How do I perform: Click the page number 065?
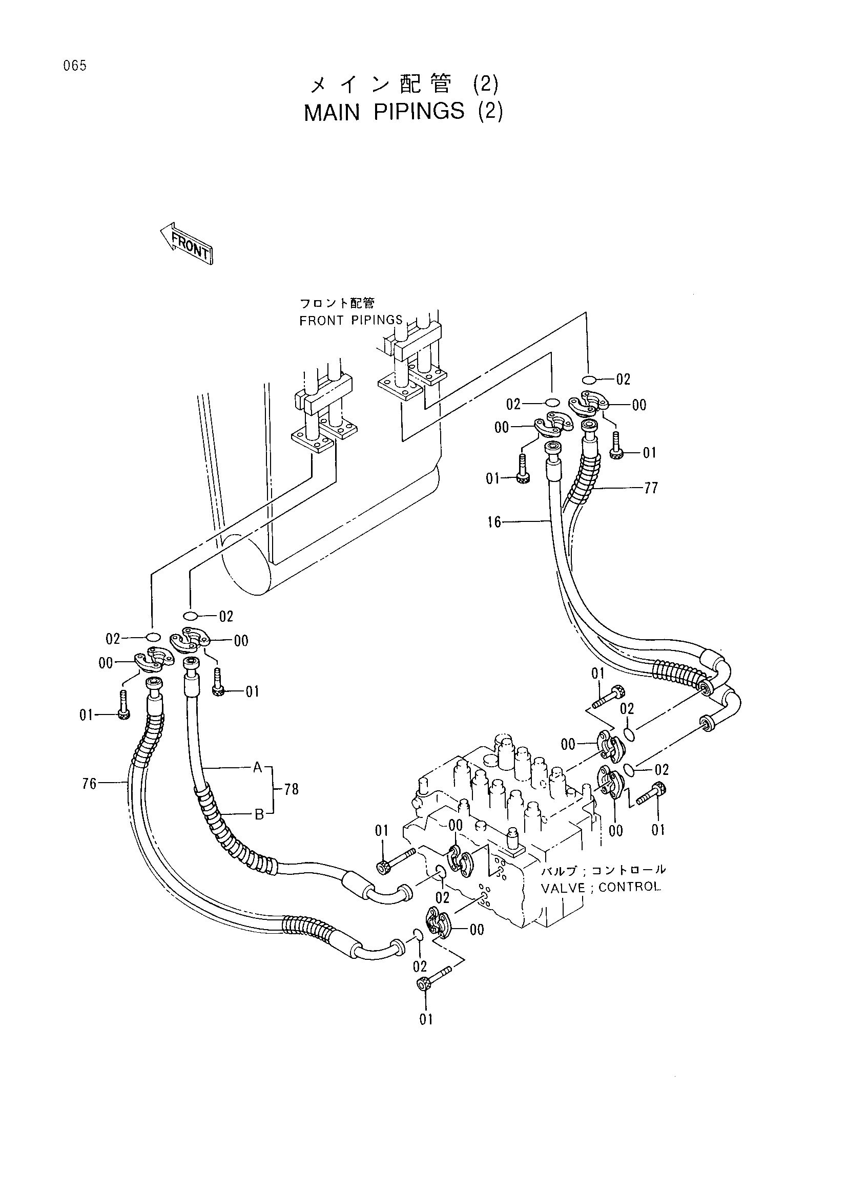75,66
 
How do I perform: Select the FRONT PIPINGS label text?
350,320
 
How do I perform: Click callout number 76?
89,784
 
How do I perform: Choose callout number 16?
494,522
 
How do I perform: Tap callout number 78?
291,789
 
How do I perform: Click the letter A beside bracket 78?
257,767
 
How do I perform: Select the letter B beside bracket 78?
259,814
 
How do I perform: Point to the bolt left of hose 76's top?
123,704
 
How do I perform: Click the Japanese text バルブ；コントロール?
603,870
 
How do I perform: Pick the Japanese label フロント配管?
337,303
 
